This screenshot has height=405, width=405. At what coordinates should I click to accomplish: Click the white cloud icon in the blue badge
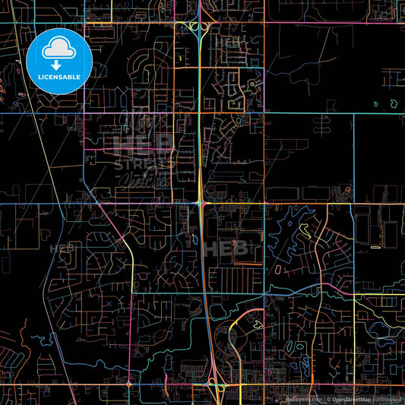pos(59,49)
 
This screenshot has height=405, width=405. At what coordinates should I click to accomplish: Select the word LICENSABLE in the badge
pos(59,77)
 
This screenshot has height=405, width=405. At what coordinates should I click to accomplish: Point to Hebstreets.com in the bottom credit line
pos(304,399)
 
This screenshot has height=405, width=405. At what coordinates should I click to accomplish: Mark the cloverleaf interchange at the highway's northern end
pos(199,28)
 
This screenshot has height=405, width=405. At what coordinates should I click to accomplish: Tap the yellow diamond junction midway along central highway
pos(200,203)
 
